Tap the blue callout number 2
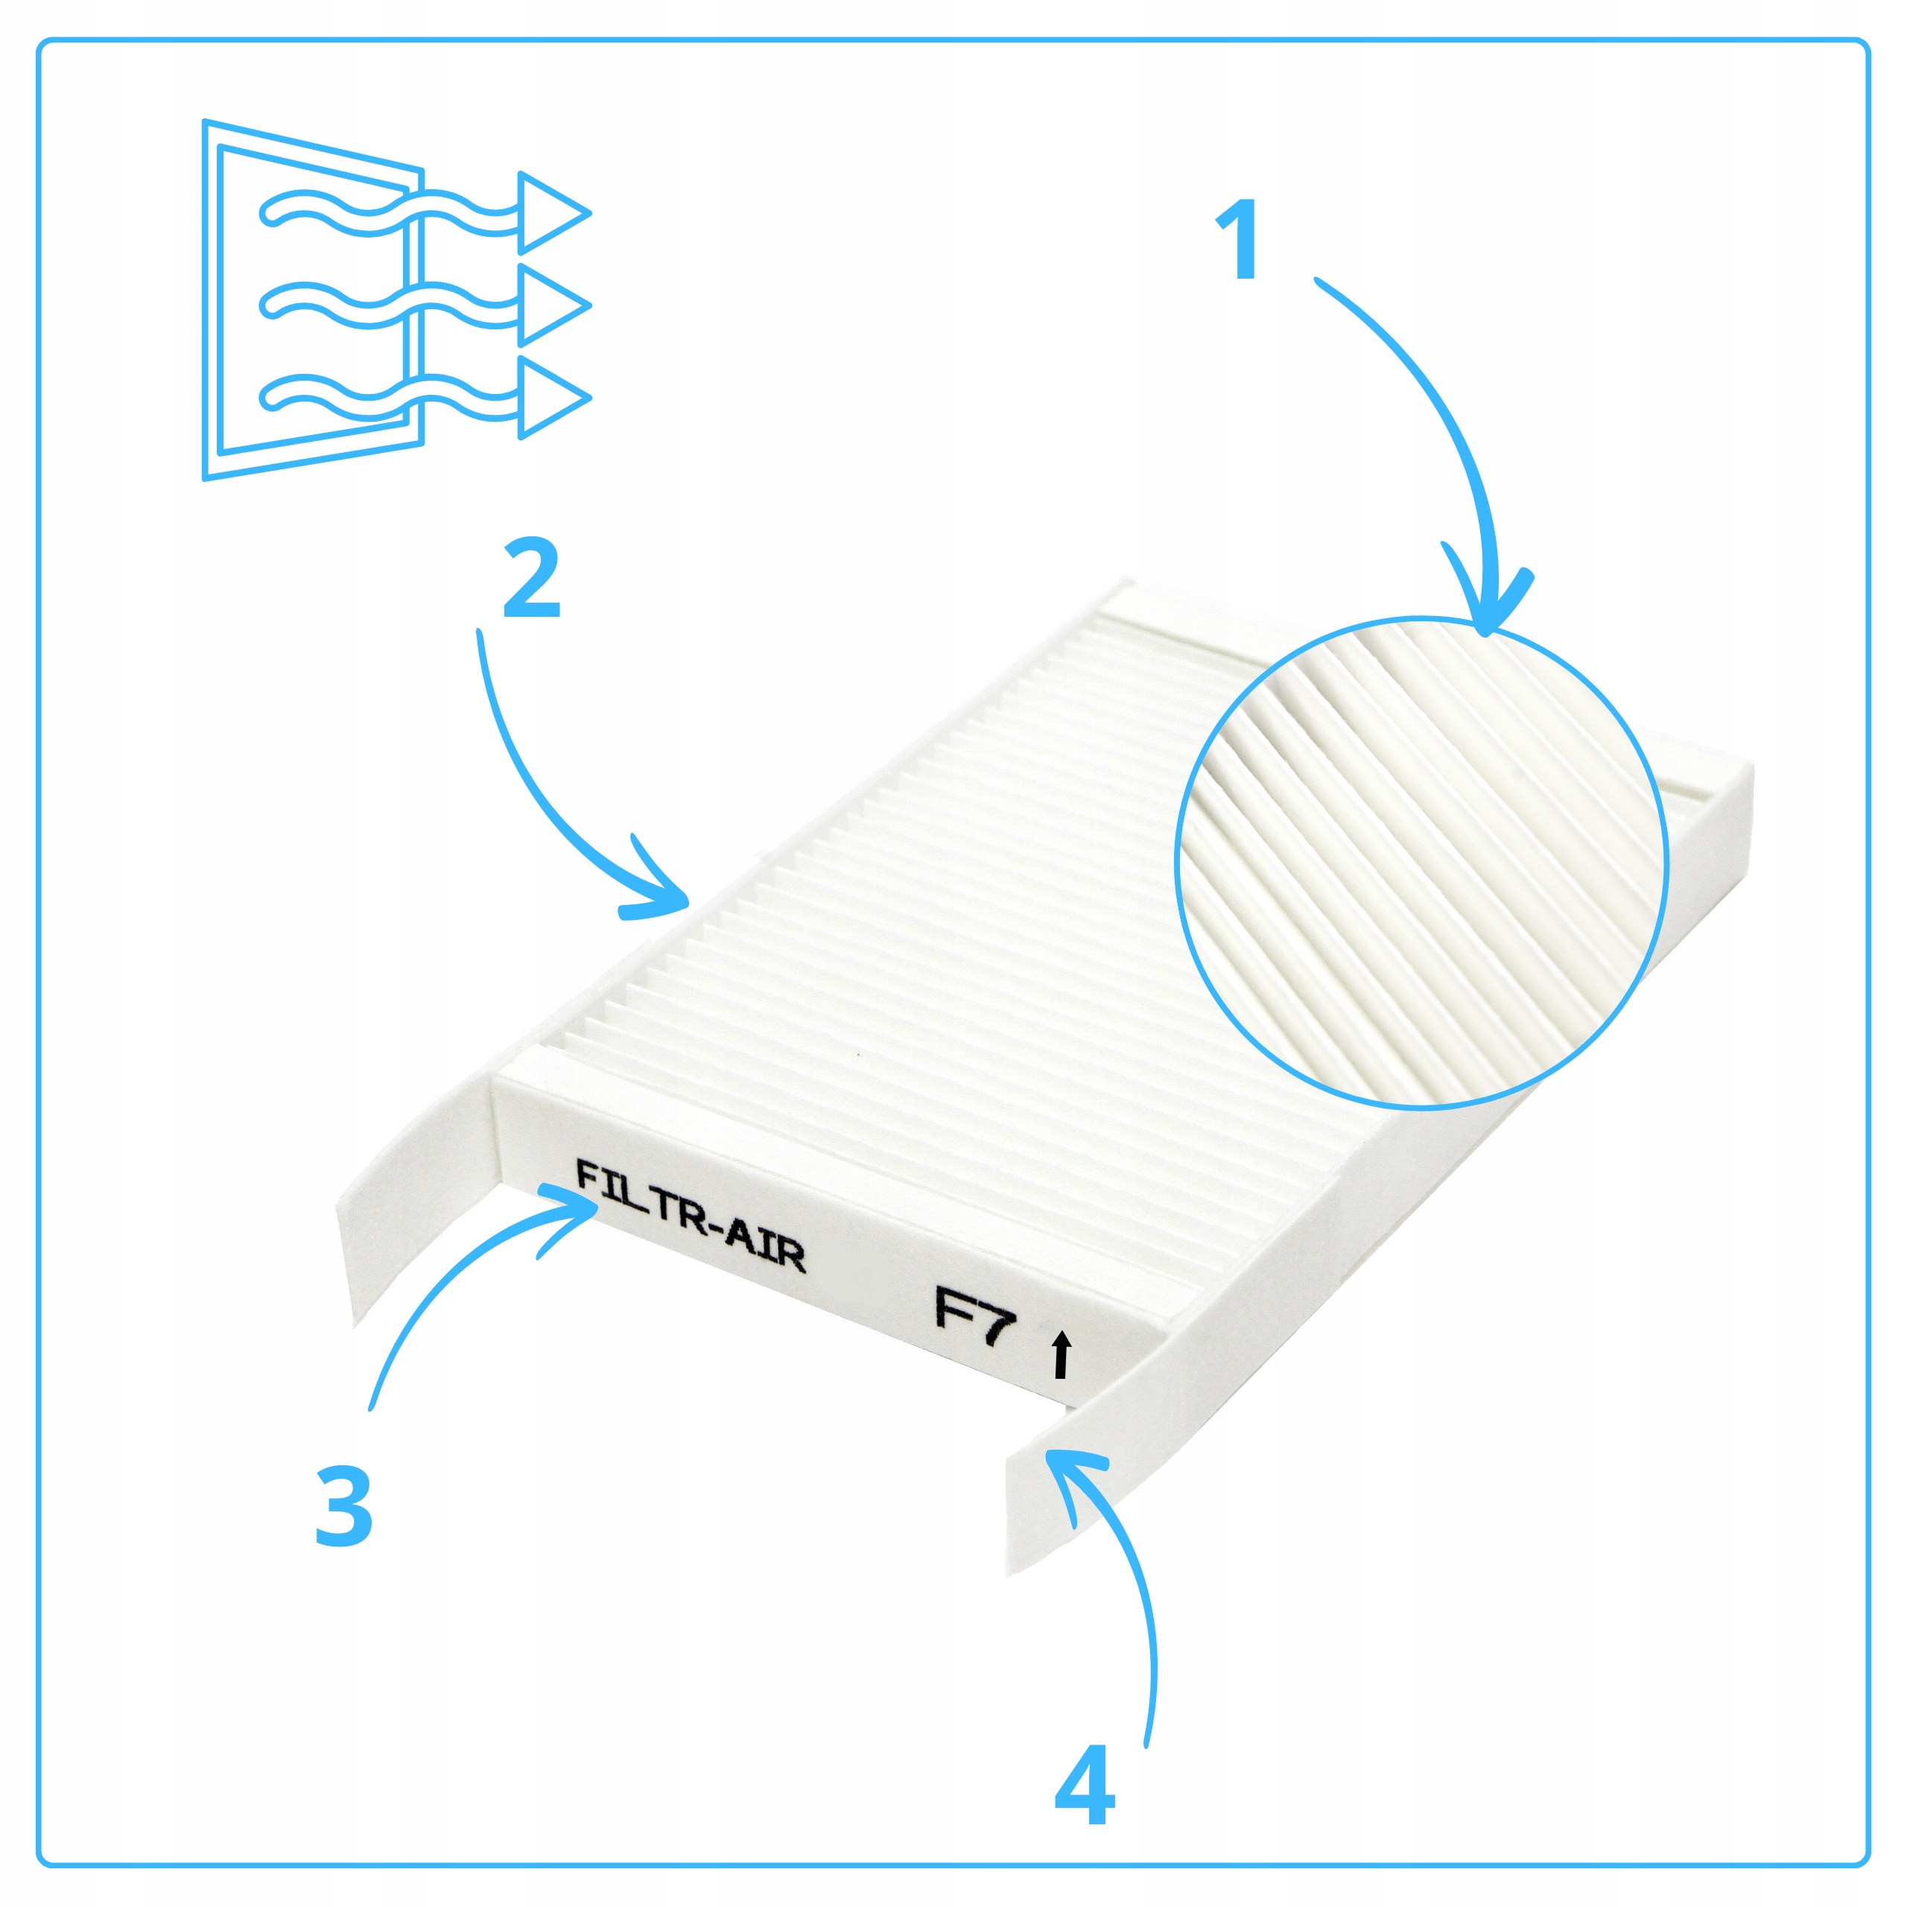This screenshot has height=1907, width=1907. click(532, 577)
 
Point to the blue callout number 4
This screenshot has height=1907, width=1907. click(1085, 1786)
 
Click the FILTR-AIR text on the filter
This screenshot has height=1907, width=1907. click(690, 1217)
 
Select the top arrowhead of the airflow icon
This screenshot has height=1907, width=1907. click(553, 212)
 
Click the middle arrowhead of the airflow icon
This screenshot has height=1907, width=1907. click(553, 305)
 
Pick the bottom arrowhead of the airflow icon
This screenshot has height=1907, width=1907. click(553, 398)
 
